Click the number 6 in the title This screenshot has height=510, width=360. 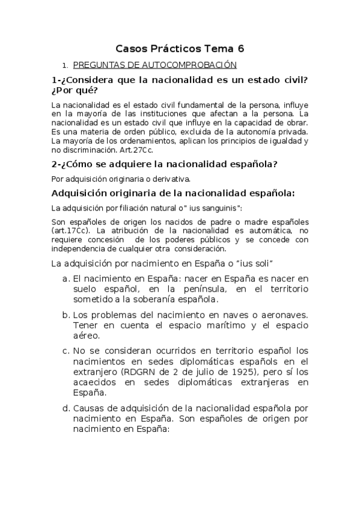[241, 49]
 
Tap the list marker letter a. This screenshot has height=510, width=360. [66, 279]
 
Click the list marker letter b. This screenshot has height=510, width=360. [66, 315]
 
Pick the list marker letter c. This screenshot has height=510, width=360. [66, 350]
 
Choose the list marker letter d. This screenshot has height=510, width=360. [66, 408]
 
